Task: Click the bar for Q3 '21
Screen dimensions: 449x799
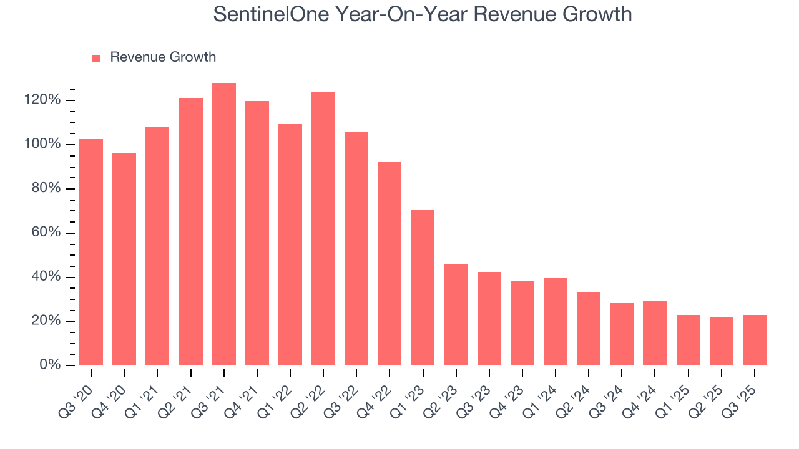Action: [x=223, y=224]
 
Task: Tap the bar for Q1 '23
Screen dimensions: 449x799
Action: [x=423, y=287]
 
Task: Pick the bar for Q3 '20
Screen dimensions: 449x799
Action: [x=91, y=252]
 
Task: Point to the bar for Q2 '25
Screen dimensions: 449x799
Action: [x=721, y=341]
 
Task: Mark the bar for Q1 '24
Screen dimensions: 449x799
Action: [x=555, y=321]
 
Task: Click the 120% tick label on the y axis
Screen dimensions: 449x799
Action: [x=42, y=100]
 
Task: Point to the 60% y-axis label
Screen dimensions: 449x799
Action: [x=46, y=233]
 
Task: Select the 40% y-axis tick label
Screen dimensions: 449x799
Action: [x=46, y=277]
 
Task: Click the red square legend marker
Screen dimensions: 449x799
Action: [x=96, y=58]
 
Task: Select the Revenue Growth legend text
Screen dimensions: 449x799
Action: [x=163, y=57]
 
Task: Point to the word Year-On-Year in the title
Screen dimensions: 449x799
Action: [x=383, y=14]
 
